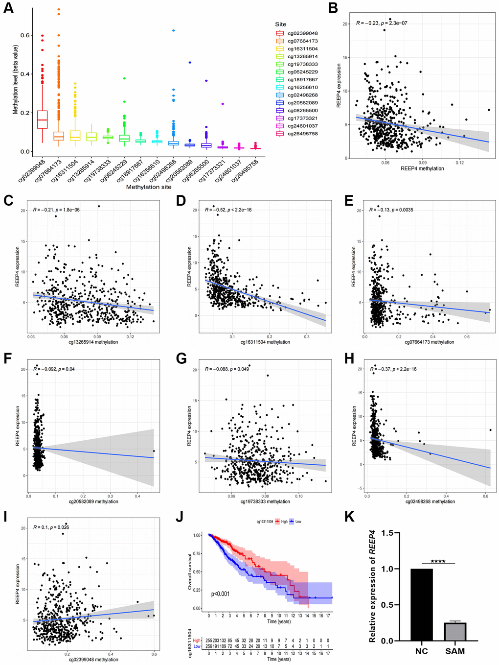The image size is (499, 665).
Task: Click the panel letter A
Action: coord(8,8)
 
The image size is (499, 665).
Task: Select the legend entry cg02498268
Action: coord(302,95)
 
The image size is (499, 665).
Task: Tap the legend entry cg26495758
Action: coord(302,134)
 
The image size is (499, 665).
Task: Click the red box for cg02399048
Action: coord(43,119)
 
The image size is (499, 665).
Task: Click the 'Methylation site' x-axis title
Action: coord(149,187)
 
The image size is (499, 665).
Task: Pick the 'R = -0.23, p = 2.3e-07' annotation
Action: coord(382,23)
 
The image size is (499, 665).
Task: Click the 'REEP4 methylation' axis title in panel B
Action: coord(422,168)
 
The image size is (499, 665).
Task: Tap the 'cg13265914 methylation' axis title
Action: coord(93,342)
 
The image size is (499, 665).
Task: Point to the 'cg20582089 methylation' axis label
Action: coord(93,501)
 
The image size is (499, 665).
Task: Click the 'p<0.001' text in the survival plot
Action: coord(220,594)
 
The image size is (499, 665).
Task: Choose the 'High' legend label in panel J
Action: coord(284,522)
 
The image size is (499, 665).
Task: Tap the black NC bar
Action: coord(421,604)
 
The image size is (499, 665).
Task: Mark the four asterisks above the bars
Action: coord(438,561)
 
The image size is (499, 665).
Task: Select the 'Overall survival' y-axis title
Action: coord(190,571)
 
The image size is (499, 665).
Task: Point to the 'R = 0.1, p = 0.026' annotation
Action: coord(51,527)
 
